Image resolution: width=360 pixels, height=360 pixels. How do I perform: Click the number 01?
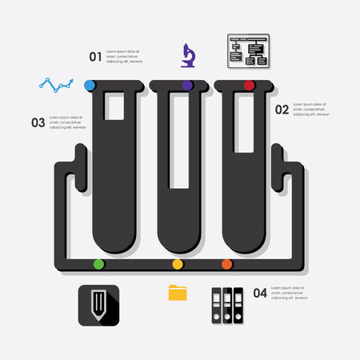(95, 56)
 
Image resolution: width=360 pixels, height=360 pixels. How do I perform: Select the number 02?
(282, 110)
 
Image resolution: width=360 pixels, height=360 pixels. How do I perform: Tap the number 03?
(38, 122)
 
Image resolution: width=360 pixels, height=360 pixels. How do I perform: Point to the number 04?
(259, 293)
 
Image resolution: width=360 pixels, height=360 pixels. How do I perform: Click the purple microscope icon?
(188, 54)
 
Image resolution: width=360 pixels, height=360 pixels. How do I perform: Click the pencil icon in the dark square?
(99, 305)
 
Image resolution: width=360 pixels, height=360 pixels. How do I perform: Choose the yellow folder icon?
(178, 292)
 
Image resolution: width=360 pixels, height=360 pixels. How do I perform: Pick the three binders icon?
(227, 305)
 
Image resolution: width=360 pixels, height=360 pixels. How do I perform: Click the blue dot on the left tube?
(90, 85)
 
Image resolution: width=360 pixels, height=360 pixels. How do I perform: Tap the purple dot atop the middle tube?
(187, 85)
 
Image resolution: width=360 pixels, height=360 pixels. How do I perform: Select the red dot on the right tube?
(249, 85)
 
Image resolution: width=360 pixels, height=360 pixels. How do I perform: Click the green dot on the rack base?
(98, 263)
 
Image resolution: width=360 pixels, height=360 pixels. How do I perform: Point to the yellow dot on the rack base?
(178, 263)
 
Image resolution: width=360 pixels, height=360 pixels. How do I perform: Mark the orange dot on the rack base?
(226, 263)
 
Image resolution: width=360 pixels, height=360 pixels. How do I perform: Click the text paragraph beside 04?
(290, 292)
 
